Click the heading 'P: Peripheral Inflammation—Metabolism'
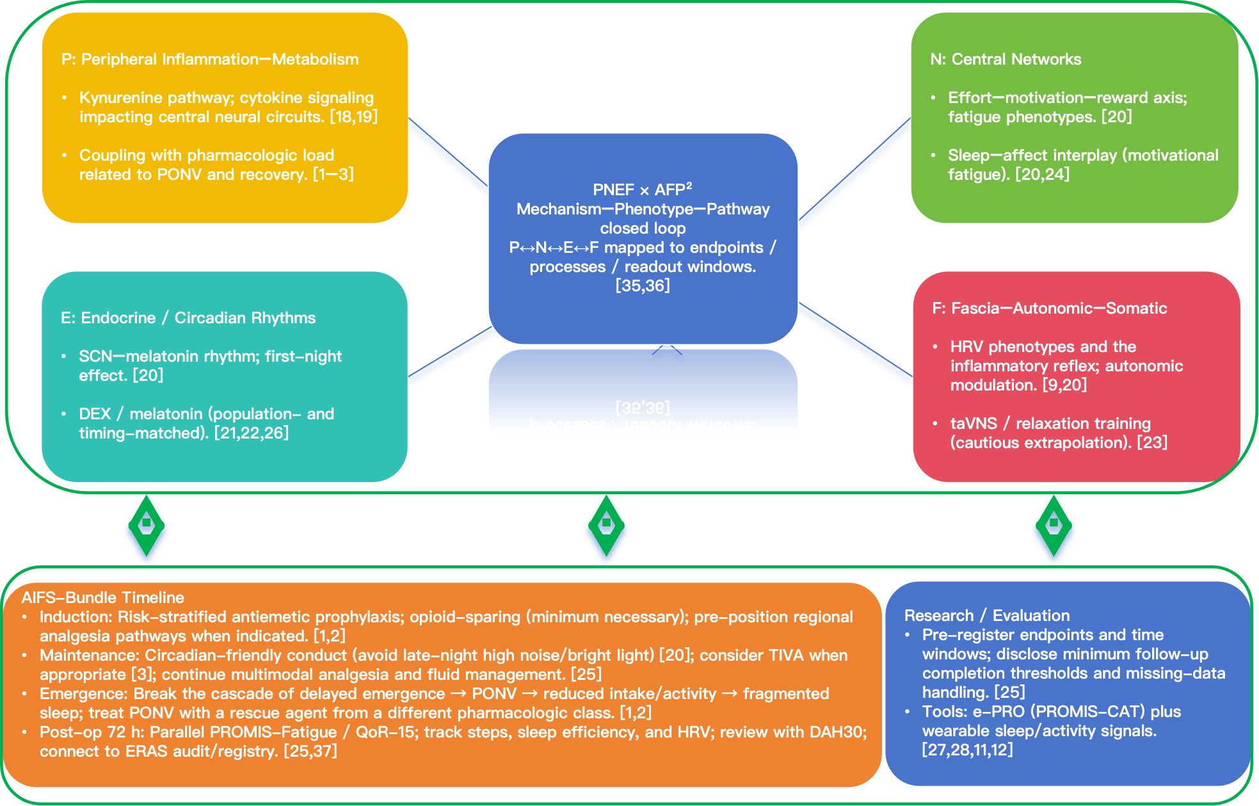pyautogui.click(x=210, y=60)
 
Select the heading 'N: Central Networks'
pyautogui.click(x=1005, y=60)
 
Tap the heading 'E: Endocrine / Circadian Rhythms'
pyautogui.click(x=188, y=318)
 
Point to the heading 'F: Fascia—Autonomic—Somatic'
pyautogui.click(x=1049, y=309)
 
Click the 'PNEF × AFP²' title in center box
pyautogui.click(x=642, y=190)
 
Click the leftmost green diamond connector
pyautogui.click(x=147, y=525)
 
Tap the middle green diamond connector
pyautogui.click(x=606, y=525)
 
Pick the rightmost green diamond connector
pyautogui.click(x=1054, y=525)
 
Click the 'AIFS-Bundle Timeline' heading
pyautogui.click(x=102, y=598)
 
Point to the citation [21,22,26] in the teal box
pyautogui.click(x=251, y=433)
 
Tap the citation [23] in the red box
pyautogui.click(x=1151, y=443)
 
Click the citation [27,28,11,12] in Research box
pyautogui.click(x=967, y=750)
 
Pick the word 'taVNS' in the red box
pyautogui.click(x=973, y=424)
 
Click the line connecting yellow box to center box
pyautogui.click(x=448, y=152)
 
